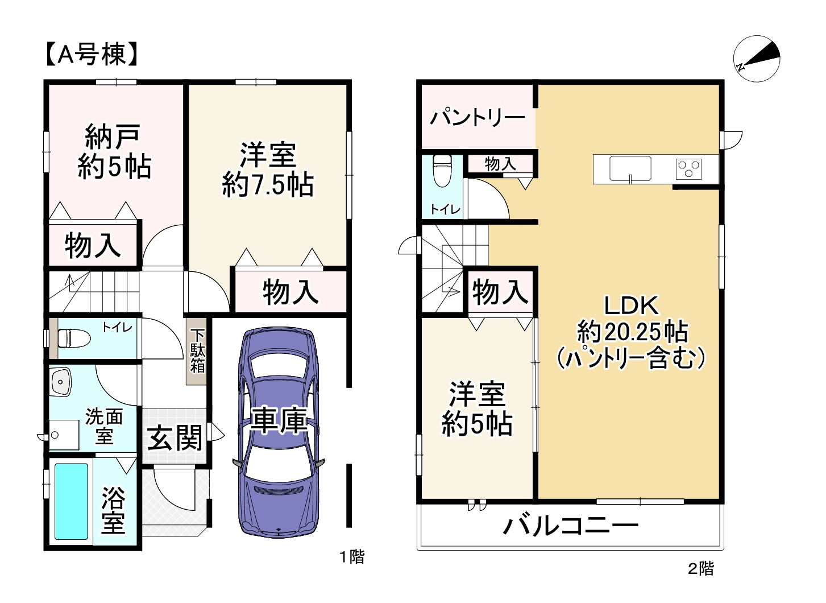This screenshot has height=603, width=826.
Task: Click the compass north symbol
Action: click(757, 59)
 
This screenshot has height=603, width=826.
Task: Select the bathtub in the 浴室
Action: click(71, 501)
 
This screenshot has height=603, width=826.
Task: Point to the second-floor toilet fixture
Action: click(442, 171)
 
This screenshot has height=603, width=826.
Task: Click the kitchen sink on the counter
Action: click(630, 168)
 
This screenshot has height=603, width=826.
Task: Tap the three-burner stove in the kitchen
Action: click(688, 169)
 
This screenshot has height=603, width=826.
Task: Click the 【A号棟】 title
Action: click(91, 55)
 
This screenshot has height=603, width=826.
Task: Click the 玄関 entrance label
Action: click(175, 437)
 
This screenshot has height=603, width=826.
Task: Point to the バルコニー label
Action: click(570, 525)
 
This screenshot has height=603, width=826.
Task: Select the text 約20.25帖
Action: click(632, 332)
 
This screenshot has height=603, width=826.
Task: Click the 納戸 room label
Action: click(113, 137)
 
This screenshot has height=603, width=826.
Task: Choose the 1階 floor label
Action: click(352, 556)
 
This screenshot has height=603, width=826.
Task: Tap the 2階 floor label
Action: click(700, 568)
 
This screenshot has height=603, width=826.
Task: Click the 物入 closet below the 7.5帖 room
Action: click(290, 292)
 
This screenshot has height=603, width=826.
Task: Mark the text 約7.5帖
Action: click(267, 185)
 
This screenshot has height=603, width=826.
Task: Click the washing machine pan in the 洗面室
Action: click(63, 435)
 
